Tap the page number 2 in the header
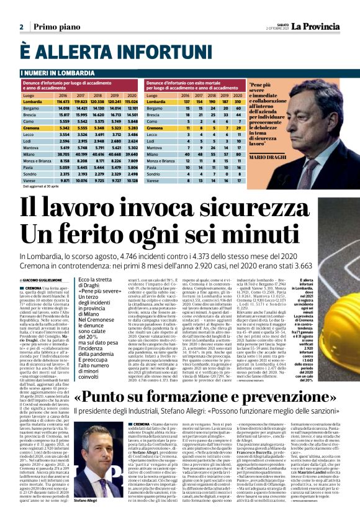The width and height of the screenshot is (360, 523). click(x=21, y=27)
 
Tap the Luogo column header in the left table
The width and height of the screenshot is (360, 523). click(x=29, y=95)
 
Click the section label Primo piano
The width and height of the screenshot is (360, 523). click(x=54, y=27)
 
